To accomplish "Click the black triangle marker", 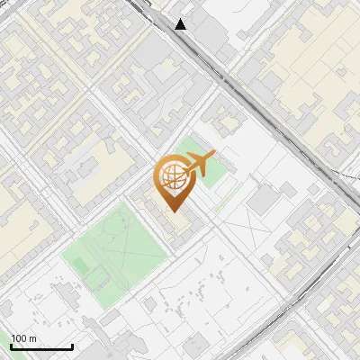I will click(181, 24).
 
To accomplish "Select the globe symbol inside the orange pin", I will click(171, 177).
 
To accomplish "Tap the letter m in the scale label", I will click(33, 338).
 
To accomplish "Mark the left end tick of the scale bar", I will click(11, 346).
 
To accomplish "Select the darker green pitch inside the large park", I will click(81, 265).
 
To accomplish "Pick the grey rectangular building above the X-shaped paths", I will click(262, 200).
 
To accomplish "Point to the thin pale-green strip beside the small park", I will click(226, 193).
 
